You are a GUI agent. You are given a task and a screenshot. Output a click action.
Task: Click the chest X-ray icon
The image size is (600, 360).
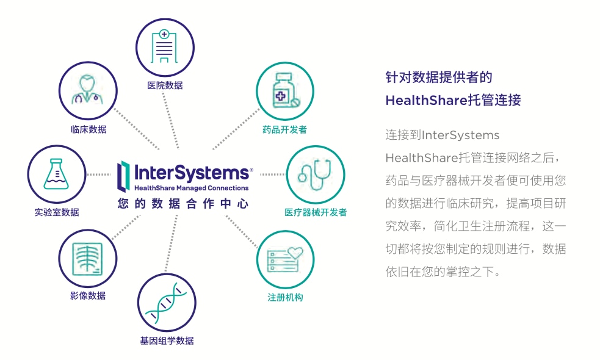pos(88,257)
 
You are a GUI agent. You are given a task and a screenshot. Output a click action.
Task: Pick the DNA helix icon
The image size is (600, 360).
pos(166,303)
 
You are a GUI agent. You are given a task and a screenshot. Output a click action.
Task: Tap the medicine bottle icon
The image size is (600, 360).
pos(284,91)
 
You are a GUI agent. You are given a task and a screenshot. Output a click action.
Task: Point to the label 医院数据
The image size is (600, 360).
pos(165,85)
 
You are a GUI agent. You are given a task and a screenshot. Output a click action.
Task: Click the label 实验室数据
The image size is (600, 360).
pos(57,212)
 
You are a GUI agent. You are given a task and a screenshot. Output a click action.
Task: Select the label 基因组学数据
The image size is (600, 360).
pos(167,340)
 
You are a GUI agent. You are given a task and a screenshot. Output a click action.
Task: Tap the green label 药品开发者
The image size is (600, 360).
pos(284,129)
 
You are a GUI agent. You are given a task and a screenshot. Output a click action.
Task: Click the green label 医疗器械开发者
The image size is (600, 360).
pos(316,212)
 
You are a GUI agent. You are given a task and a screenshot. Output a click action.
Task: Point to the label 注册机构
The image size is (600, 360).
pos(285,297)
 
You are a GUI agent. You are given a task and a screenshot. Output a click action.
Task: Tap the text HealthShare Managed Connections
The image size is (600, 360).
pos(191,188)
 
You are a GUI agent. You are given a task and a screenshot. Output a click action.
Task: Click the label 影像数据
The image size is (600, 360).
pos(88,295)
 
